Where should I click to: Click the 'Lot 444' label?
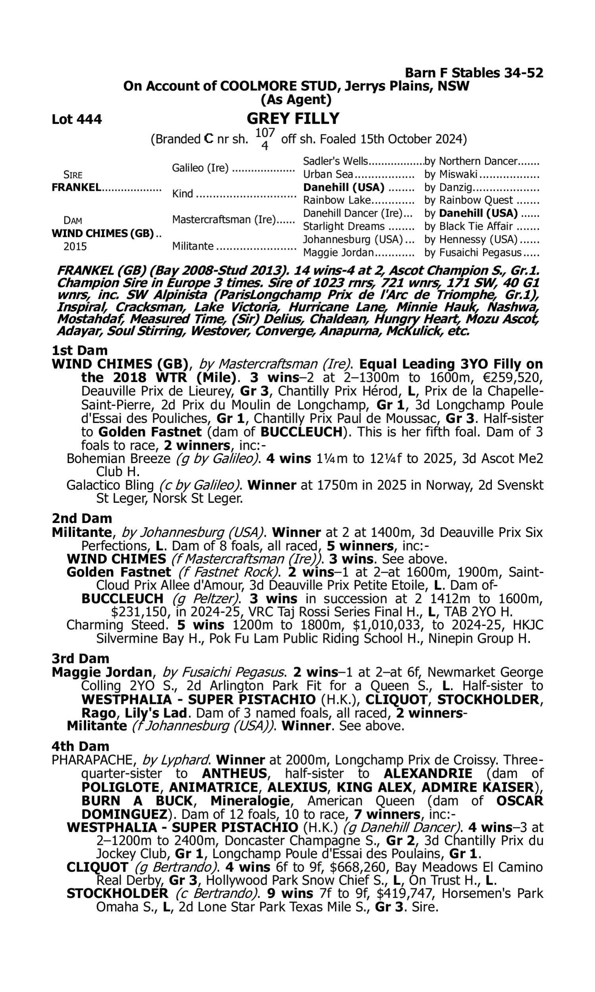point(77,119)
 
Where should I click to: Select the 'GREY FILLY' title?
point(293,119)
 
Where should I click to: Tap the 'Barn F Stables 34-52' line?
point(474,73)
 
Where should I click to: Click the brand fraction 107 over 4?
point(265,139)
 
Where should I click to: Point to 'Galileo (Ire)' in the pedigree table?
point(200,168)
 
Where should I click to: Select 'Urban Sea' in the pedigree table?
point(328,175)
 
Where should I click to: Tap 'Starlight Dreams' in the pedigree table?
point(344,227)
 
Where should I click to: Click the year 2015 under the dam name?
point(75,246)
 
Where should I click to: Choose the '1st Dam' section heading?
point(80,350)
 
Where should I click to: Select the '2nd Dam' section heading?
point(82,519)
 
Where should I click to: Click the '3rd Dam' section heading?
point(80,658)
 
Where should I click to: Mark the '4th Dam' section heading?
point(80,746)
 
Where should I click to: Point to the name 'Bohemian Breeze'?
point(119,459)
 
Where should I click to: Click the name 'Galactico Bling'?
point(110,485)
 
